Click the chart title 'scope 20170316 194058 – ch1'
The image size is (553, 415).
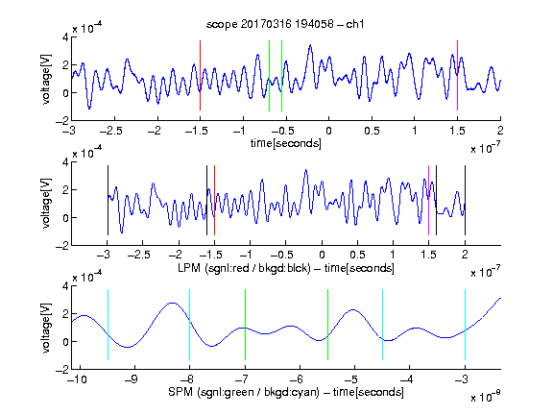tap(285, 24)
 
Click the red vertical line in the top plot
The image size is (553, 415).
tap(200, 76)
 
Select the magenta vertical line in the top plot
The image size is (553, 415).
tap(457, 76)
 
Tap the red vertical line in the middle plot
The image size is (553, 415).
tap(214, 200)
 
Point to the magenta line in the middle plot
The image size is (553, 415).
tap(428, 200)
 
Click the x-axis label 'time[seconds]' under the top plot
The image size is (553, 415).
tap(286, 143)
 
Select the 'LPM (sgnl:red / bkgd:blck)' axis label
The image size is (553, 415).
tap(244, 268)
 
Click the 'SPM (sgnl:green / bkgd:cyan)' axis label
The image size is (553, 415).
tap(244, 392)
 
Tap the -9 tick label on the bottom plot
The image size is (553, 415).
tap(132, 379)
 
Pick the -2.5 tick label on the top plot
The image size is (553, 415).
tap(111, 131)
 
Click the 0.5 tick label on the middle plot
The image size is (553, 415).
tap(357, 255)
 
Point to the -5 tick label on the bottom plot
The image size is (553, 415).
tap(350, 379)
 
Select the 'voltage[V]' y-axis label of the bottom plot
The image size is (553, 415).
tap(46, 328)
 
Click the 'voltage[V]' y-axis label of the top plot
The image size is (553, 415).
tap(46, 79)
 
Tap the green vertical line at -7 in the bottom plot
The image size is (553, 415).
tap(245, 325)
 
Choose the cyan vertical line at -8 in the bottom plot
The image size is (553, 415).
tap(189, 325)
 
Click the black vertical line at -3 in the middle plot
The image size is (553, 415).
tap(108, 200)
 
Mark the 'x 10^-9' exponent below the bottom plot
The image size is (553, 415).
tap(486, 397)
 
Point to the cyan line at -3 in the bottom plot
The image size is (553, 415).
tap(465, 325)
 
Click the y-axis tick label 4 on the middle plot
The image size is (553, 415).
tap(65, 162)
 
